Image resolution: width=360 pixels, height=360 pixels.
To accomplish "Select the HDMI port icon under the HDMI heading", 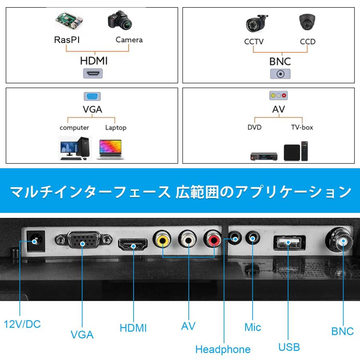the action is click(x=92, y=74).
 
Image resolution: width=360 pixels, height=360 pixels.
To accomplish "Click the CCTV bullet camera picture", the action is click(x=257, y=23).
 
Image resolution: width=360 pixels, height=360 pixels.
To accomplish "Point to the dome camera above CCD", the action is click(x=307, y=22).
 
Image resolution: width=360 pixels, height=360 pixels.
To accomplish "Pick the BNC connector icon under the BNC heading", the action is click(x=280, y=74).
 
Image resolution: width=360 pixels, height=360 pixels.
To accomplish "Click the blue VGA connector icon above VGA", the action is click(x=92, y=96).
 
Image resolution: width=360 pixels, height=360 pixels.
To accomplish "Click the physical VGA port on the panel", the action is click(x=83, y=242).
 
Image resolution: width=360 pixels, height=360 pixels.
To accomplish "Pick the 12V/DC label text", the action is click(x=22, y=324).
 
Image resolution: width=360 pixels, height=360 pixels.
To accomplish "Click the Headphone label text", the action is click(x=223, y=349).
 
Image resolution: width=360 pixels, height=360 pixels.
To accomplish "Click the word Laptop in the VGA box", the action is click(x=116, y=128).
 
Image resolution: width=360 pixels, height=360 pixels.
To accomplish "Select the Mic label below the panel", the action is click(x=253, y=328).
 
